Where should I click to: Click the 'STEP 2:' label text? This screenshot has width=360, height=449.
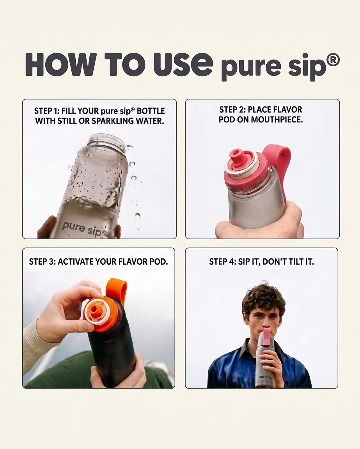click(x=232, y=110)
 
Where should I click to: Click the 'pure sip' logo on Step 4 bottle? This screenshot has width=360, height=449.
click(x=265, y=377)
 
